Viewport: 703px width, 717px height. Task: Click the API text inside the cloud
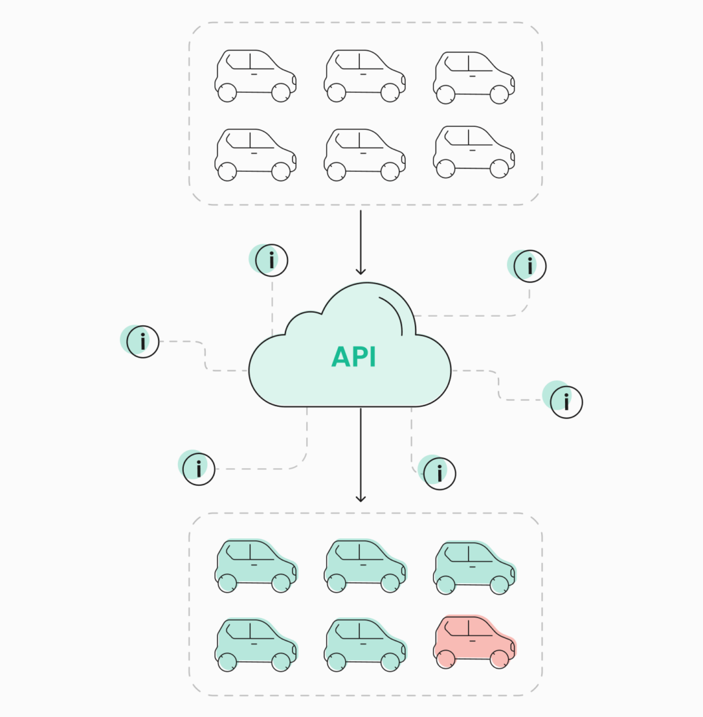(354, 357)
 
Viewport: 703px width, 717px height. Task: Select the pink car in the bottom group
(474, 641)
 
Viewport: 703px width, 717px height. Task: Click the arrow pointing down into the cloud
(360, 242)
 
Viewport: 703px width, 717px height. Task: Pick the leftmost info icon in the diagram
(143, 342)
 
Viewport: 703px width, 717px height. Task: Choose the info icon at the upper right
(530, 266)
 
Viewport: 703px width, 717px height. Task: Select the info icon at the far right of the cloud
(566, 402)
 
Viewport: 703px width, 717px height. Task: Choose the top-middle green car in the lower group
(364, 565)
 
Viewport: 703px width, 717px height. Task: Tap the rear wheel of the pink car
(446, 659)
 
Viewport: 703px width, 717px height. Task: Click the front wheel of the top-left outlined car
(281, 92)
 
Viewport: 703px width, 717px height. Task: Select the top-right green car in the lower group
(474, 566)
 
